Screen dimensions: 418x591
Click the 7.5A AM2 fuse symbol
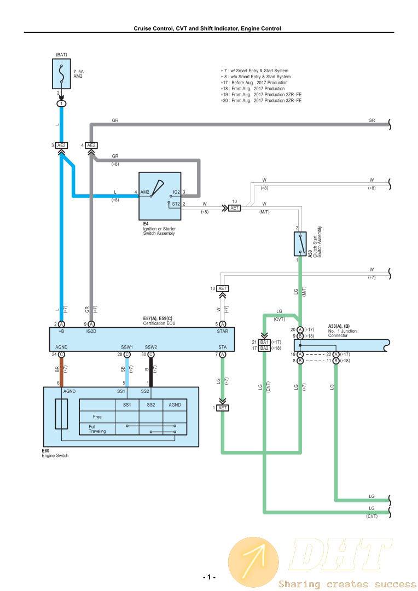point(61,74)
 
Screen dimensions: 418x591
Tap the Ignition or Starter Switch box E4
point(160,196)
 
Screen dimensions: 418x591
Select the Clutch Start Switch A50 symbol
point(300,244)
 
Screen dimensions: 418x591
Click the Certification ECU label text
point(159,323)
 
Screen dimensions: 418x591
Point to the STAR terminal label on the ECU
point(222,331)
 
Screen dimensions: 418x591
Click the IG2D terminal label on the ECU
point(91,331)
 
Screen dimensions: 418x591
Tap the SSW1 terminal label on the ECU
point(127,347)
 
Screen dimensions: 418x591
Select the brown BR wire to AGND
point(61,373)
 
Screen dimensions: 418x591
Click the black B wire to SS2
point(151,373)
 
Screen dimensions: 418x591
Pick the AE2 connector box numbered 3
point(61,145)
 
